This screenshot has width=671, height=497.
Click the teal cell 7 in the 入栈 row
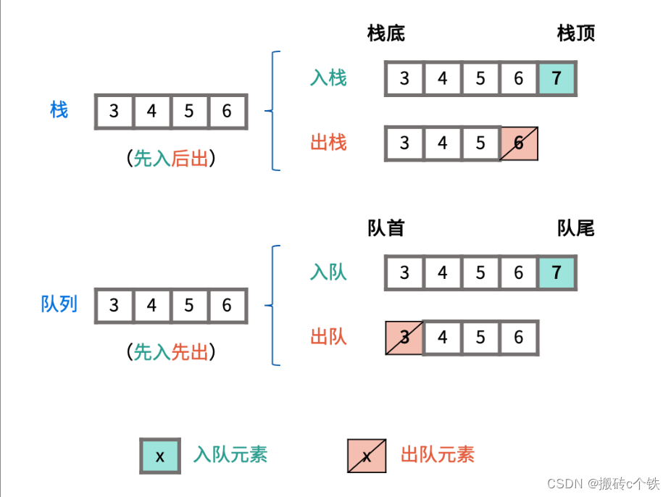(557, 78)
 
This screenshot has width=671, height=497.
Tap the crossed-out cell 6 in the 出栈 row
(519, 143)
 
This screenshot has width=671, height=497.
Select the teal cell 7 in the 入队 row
(557, 272)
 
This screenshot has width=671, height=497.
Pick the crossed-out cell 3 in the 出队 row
(404, 338)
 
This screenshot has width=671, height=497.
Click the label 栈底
(386, 33)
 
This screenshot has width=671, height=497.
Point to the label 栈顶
(576, 33)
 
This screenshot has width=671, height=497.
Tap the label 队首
(386, 228)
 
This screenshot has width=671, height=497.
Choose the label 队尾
(576, 228)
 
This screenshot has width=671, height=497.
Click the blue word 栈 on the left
(59, 110)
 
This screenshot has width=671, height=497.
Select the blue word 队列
(59, 304)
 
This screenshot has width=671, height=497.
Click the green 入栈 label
(328, 78)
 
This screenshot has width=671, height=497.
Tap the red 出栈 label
(328, 142)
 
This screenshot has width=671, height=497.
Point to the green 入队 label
(328, 272)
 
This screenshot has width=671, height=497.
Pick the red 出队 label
(328, 336)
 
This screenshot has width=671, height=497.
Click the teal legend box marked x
(160, 456)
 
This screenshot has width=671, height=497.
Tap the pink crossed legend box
(367, 456)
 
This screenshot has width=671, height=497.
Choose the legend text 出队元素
(438, 455)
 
